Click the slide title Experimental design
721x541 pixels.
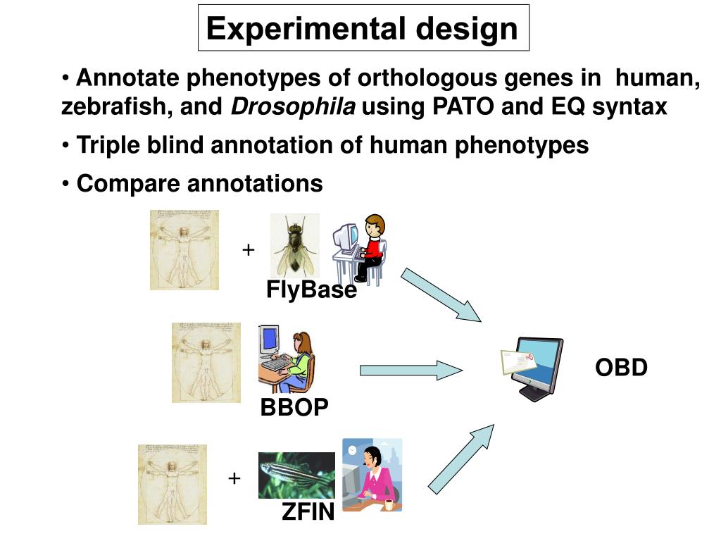click(362, 29)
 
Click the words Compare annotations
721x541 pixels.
click(199, 183)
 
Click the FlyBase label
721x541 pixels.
click(311, 290)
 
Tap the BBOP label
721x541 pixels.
click(294, 407)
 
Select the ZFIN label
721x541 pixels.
click(308, 512)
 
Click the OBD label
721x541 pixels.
click(621, 368)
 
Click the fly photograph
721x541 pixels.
click(294, 246)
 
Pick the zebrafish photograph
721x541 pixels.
click(296, 475)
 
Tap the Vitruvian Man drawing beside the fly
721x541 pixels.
click(184, 249)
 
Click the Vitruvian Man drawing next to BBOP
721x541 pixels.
click(206, 363)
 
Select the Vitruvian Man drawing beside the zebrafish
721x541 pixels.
click(173, 484)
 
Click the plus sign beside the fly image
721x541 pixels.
click(248, 250)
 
